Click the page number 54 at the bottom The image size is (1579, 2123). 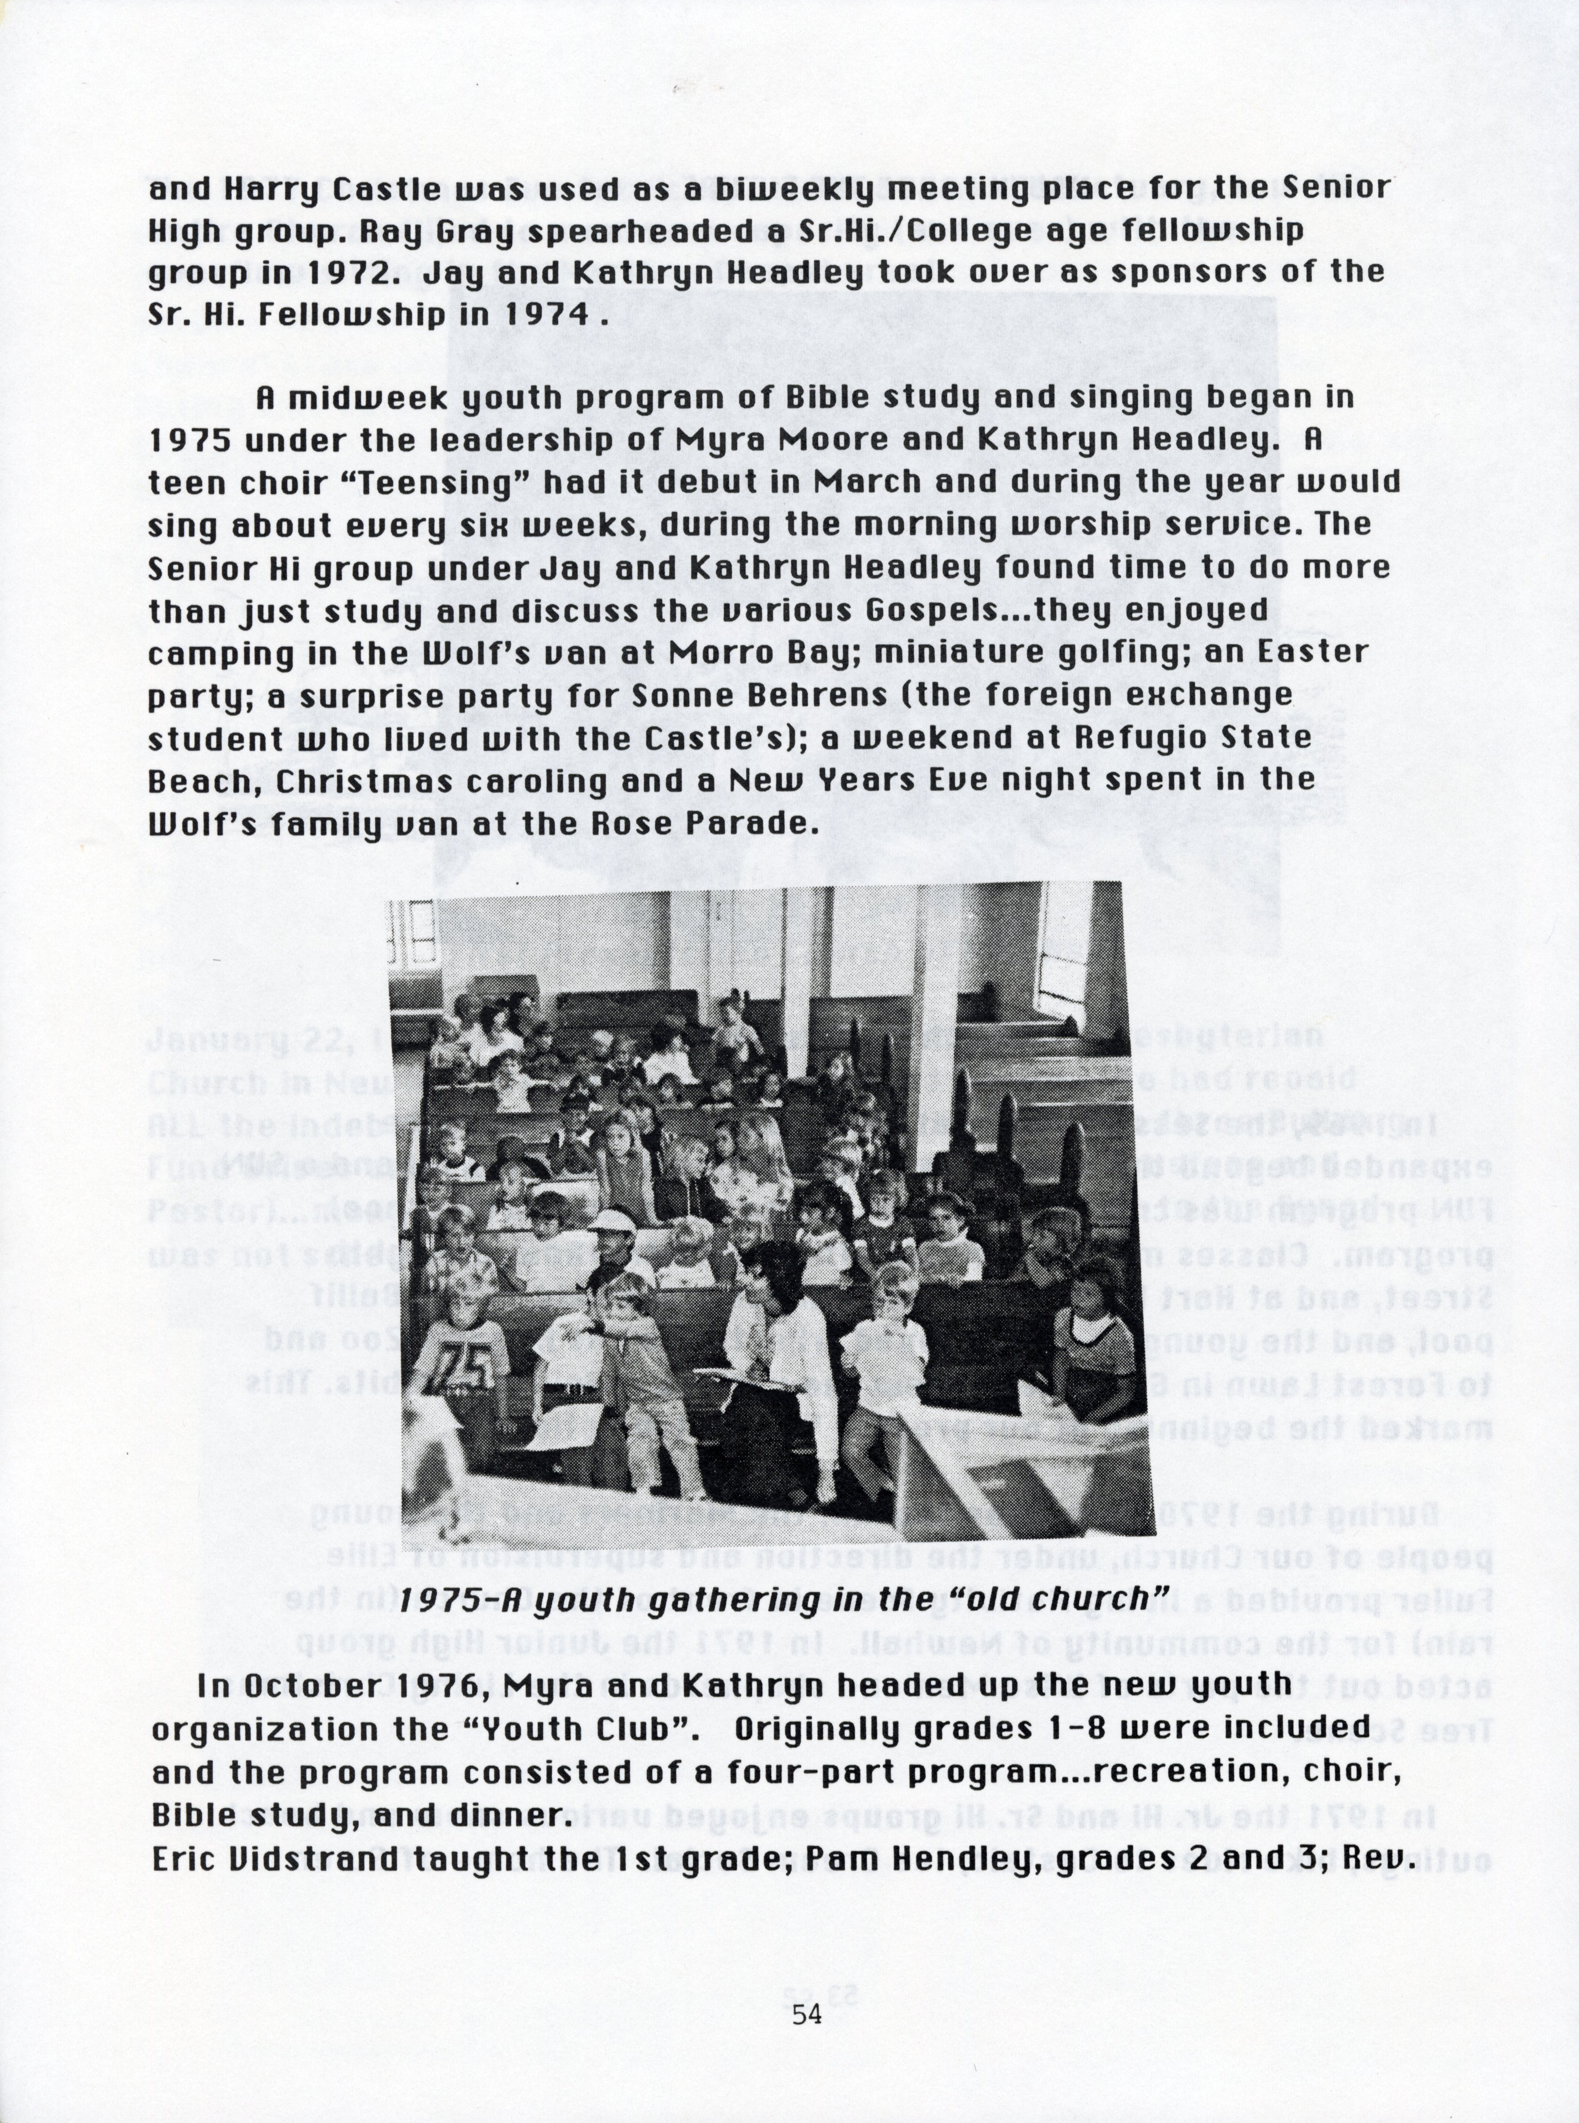tap(807, 2017)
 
